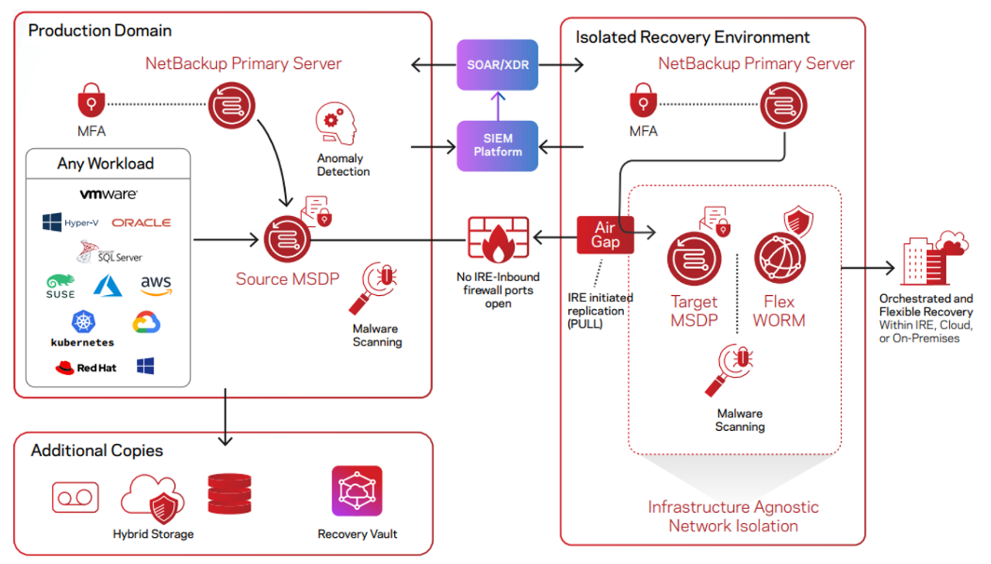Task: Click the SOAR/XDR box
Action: tap(497, 64)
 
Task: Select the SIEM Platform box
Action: tap(497, 146)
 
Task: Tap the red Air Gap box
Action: tap(605, 235)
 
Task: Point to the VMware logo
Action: tap(108, 194)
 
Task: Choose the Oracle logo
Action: tap(141, 222)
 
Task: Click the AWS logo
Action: tap(156, 284)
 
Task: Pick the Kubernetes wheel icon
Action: tap(83, 322)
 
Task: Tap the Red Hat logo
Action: tap(86, 367)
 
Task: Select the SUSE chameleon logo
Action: tap(60, 287)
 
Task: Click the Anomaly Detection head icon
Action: tap(336, 123)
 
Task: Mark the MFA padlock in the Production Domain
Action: tap(91, 100)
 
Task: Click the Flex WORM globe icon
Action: tap(780, 258)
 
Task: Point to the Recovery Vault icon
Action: tap(357, 491)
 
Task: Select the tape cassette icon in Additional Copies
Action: tap(75, 497)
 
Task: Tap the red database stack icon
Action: tap(230, 493)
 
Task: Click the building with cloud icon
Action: tap(934, 258)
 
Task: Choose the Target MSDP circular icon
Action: tap(694, 259)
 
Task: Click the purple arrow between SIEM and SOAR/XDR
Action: tap(498, 106)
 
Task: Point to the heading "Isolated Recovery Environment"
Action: tap(692, 37)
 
